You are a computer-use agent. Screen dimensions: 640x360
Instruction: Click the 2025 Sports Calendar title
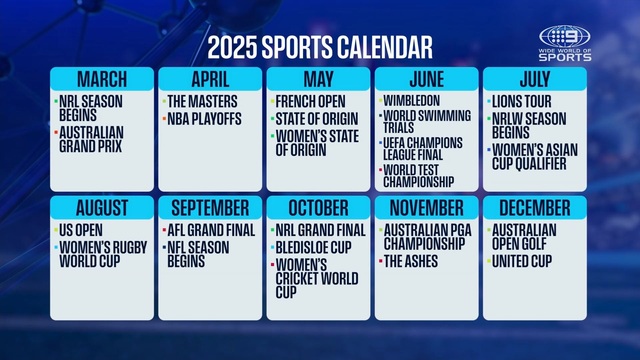point(320,47)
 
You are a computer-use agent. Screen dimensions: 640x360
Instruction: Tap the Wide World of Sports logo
point(565,43)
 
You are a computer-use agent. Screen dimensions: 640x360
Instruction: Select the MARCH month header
point(102,79)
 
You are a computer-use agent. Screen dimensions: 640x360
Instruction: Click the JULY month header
point(535,79)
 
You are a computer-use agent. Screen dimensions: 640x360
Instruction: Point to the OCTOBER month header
point(318,208)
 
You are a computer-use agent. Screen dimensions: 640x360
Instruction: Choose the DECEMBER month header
point(535,208)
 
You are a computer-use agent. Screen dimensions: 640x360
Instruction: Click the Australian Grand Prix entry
point(91,139)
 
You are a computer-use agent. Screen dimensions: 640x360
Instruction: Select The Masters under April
point(202,101)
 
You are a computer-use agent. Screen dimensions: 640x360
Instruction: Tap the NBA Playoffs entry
point(204,119)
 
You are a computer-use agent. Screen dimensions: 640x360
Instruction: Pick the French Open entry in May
point(310,101)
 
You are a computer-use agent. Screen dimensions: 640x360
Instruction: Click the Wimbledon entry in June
point(412,100)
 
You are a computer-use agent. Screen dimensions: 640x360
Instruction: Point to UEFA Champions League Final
point(423,149)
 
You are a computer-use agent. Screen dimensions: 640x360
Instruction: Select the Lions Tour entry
point(522,101)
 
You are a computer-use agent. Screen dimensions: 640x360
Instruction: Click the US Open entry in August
point(81,230)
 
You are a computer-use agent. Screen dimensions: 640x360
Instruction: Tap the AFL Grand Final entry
point(211,230)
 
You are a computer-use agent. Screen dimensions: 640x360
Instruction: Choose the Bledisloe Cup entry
point(313,247)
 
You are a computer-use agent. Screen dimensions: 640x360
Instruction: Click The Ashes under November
point(411,261)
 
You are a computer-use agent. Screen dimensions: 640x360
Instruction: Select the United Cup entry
point(522,261)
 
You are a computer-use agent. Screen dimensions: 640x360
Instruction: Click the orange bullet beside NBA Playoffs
point(164,118)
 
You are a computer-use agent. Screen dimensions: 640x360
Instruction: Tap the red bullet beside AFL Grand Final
point(164,230)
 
